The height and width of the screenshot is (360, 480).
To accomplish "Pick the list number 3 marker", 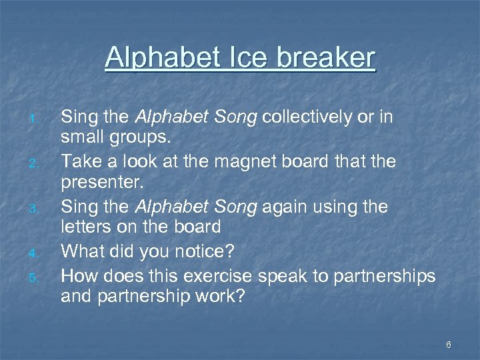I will point(38,209).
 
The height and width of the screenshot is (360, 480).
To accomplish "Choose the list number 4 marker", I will point(38,253).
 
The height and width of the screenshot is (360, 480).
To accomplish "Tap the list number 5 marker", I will point(38,275).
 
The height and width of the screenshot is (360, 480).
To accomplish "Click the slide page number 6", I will point(449,345).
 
